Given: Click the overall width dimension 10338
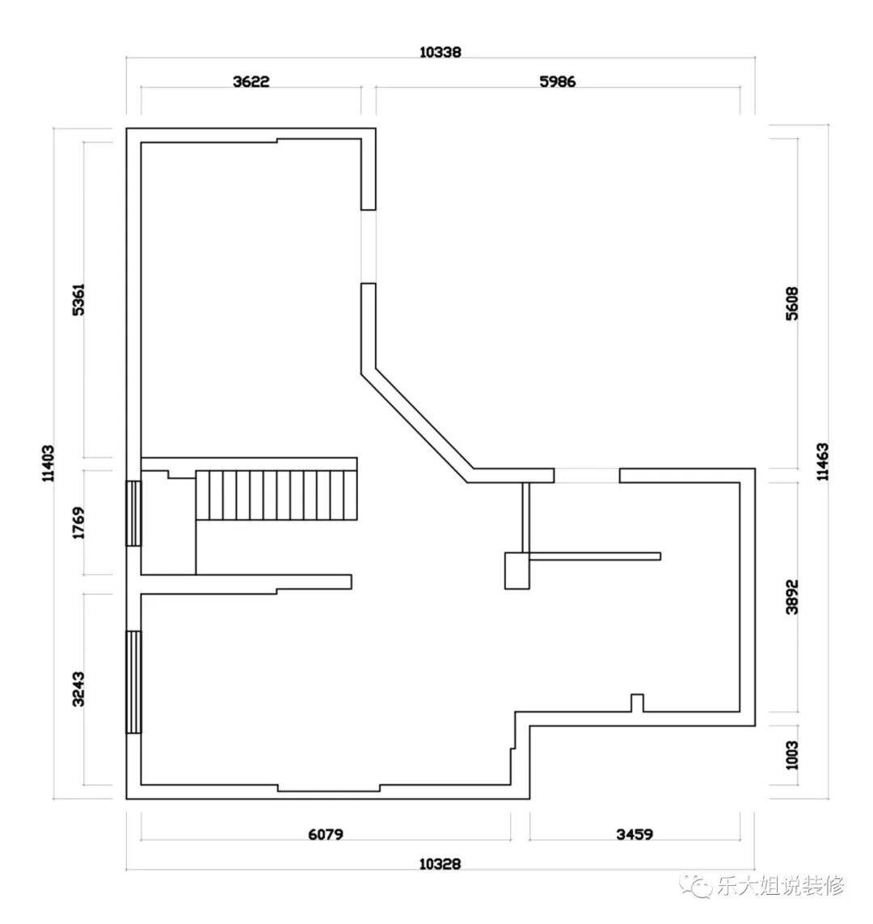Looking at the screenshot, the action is tap(440, 52).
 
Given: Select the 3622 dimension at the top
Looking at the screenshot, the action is tap(251, 82).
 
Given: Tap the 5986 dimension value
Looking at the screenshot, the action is tap(557, 82).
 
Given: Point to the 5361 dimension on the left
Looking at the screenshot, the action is tap(78, 299).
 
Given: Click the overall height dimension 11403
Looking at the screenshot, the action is tap(48, 463).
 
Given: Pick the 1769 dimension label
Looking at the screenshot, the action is tap(78, 523).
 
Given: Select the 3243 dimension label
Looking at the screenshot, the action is tap(78, 689).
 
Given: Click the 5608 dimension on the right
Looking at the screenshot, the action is tap(792, 303).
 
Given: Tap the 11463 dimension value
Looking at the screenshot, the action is tap(822, 462).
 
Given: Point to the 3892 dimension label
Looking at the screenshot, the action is tap(792, 597).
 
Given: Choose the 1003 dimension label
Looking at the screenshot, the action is tap(792, 756).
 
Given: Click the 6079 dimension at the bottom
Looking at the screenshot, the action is tap(325, 834).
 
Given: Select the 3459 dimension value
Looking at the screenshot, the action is tap(635, 834).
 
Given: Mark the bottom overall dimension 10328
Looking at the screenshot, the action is tap(440, 864).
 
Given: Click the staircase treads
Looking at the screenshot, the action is tap(276, 495).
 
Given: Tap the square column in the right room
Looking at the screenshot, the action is tap(517, 571).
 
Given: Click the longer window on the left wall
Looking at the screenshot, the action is tap(134, 682).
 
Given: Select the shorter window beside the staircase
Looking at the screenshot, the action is tap(134, 513).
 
